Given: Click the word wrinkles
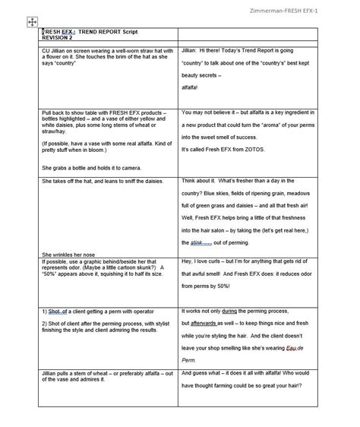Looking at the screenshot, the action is point(74,254).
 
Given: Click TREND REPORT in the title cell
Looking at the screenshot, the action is point(100,34).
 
